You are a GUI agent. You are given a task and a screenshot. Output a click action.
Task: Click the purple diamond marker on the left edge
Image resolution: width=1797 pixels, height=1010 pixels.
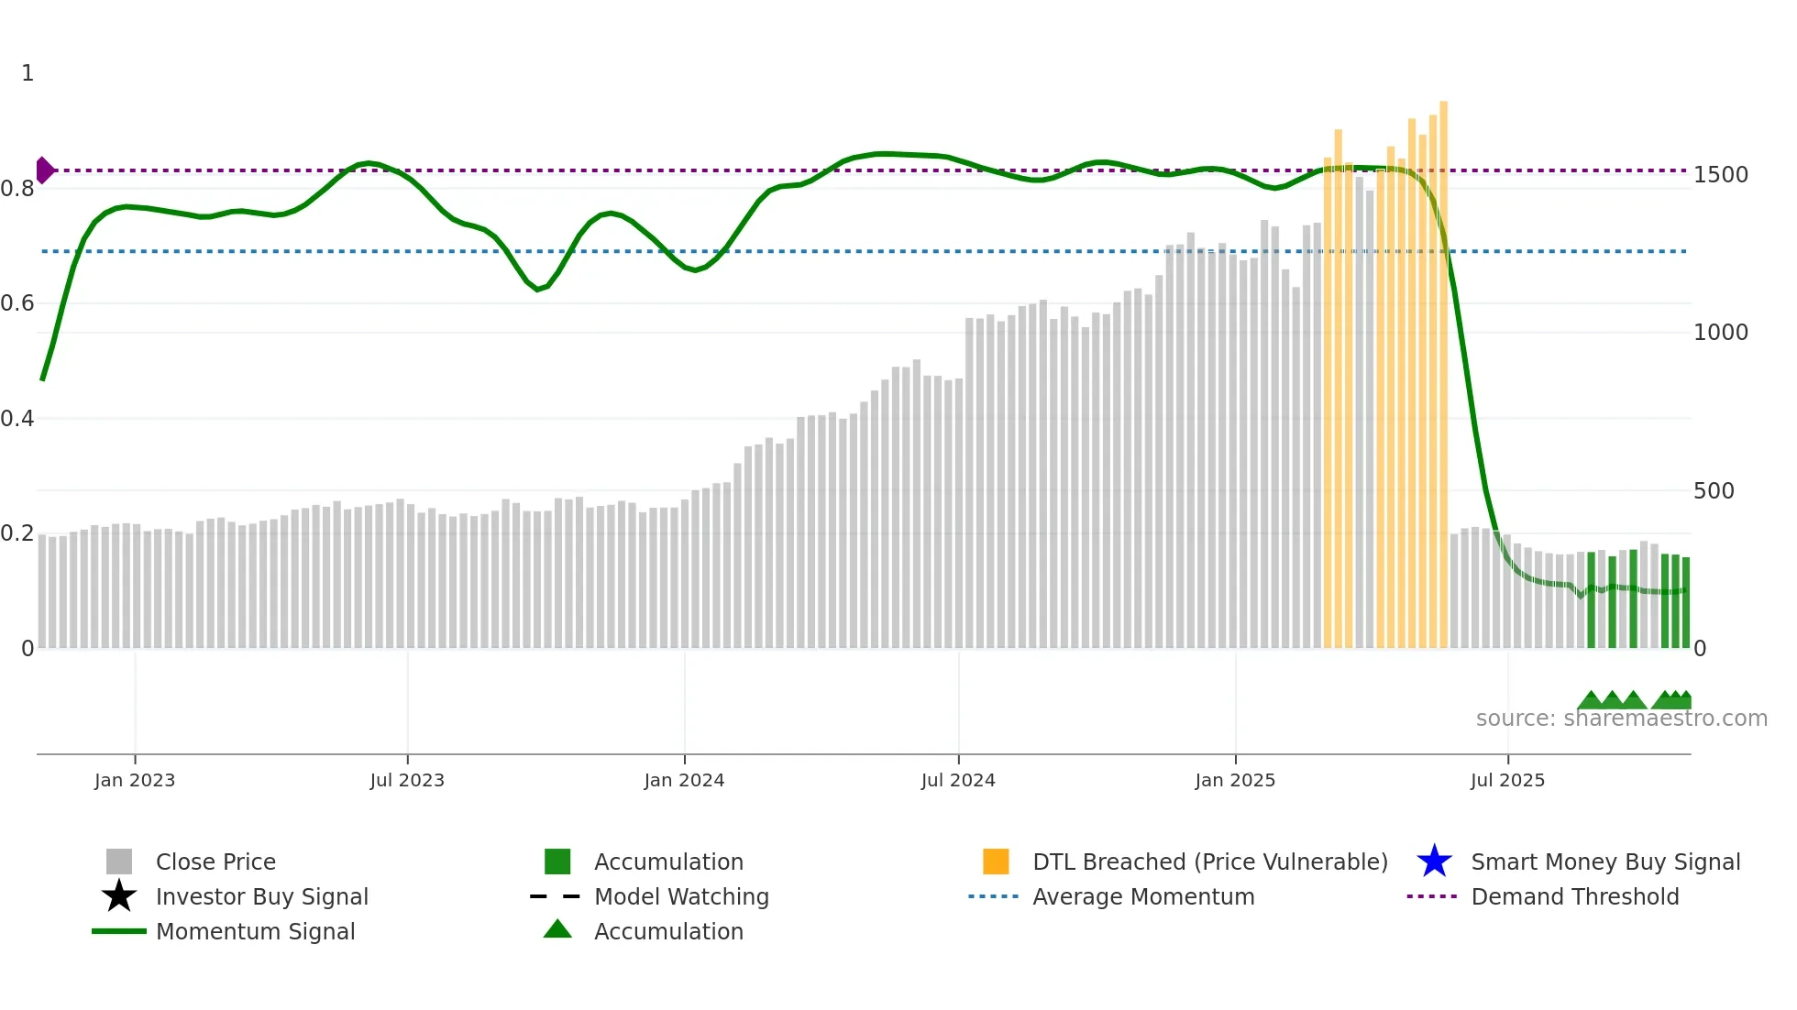[44, 170]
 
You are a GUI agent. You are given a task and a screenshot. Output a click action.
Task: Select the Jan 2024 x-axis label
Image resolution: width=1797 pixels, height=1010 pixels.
[684, 781]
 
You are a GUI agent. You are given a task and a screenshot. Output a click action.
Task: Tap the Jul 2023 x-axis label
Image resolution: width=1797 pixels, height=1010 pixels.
[407, 781]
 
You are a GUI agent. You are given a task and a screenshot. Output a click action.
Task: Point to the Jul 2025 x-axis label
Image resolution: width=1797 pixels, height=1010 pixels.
[1507, 781]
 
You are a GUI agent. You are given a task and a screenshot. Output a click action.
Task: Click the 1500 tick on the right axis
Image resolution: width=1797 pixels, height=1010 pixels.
[1720, 175]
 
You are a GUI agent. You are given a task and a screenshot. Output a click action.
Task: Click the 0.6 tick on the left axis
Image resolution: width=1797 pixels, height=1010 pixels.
[18, 303]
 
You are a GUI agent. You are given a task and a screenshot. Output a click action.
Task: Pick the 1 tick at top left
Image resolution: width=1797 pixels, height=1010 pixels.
[28, 73]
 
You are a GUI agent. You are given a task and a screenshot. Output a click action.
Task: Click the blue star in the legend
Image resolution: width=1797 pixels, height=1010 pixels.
[1434, 862]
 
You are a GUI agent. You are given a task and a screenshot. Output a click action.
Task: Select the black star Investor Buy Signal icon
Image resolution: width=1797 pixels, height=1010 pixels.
[119, 896]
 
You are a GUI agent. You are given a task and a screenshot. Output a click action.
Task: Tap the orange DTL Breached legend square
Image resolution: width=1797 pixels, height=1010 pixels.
[996, 862]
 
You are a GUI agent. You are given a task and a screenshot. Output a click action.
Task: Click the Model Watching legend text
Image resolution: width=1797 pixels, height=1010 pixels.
[681, 896]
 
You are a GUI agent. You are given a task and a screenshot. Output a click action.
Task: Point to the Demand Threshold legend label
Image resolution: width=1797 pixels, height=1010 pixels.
[1574, 896]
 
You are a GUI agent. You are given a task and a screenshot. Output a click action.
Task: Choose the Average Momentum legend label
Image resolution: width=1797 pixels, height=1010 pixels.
[1143, 896]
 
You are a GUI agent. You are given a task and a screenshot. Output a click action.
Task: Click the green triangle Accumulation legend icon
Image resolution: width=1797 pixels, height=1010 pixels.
[557, 929]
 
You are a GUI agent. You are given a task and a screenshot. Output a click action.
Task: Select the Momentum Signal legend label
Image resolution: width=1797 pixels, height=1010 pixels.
[255, 931]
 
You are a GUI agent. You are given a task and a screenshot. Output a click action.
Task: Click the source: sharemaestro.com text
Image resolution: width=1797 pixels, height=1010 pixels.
[1621, 719]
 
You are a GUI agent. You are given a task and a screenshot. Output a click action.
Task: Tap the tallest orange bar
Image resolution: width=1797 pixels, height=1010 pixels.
[1443, 367]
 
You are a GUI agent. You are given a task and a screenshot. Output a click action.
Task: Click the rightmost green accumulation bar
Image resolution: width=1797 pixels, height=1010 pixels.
[1685, 602]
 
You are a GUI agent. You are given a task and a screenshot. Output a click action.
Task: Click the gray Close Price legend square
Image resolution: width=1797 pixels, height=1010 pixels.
[119, 862]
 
